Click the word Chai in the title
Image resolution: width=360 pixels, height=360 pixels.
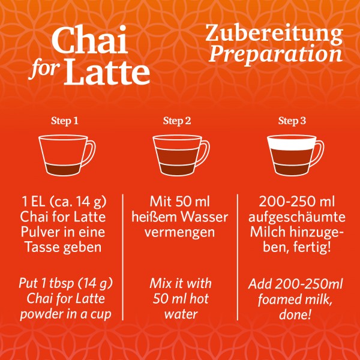click(x=90, y=40)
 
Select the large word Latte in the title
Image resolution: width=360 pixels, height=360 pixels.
click(x=107, y=71)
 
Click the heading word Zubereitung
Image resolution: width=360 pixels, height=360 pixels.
click(x=274, y=34)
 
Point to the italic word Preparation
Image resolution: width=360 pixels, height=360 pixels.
click(x=275, y=55)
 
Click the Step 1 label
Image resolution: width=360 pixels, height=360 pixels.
click(x=65, y=121)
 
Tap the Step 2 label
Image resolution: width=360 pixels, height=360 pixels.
click(x=177, y=121)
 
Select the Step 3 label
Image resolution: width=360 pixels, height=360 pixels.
click(x=292, y=121)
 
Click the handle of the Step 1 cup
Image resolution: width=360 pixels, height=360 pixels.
click(x=91, y=152)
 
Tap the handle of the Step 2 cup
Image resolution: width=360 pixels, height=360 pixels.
click(x=205, y=152)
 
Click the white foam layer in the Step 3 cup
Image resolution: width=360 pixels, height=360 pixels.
click(x=292, y=143)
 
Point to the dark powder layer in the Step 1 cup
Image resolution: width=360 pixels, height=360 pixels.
click(x=62, y=170)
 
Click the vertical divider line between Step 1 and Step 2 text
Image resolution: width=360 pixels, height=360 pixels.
click(x=123, y=257)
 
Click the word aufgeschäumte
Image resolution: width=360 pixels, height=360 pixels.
click(x=296, y=217)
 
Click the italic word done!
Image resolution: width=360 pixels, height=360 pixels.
click(x=295, y=314)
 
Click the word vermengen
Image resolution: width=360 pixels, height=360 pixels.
click(x=180, y=233)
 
